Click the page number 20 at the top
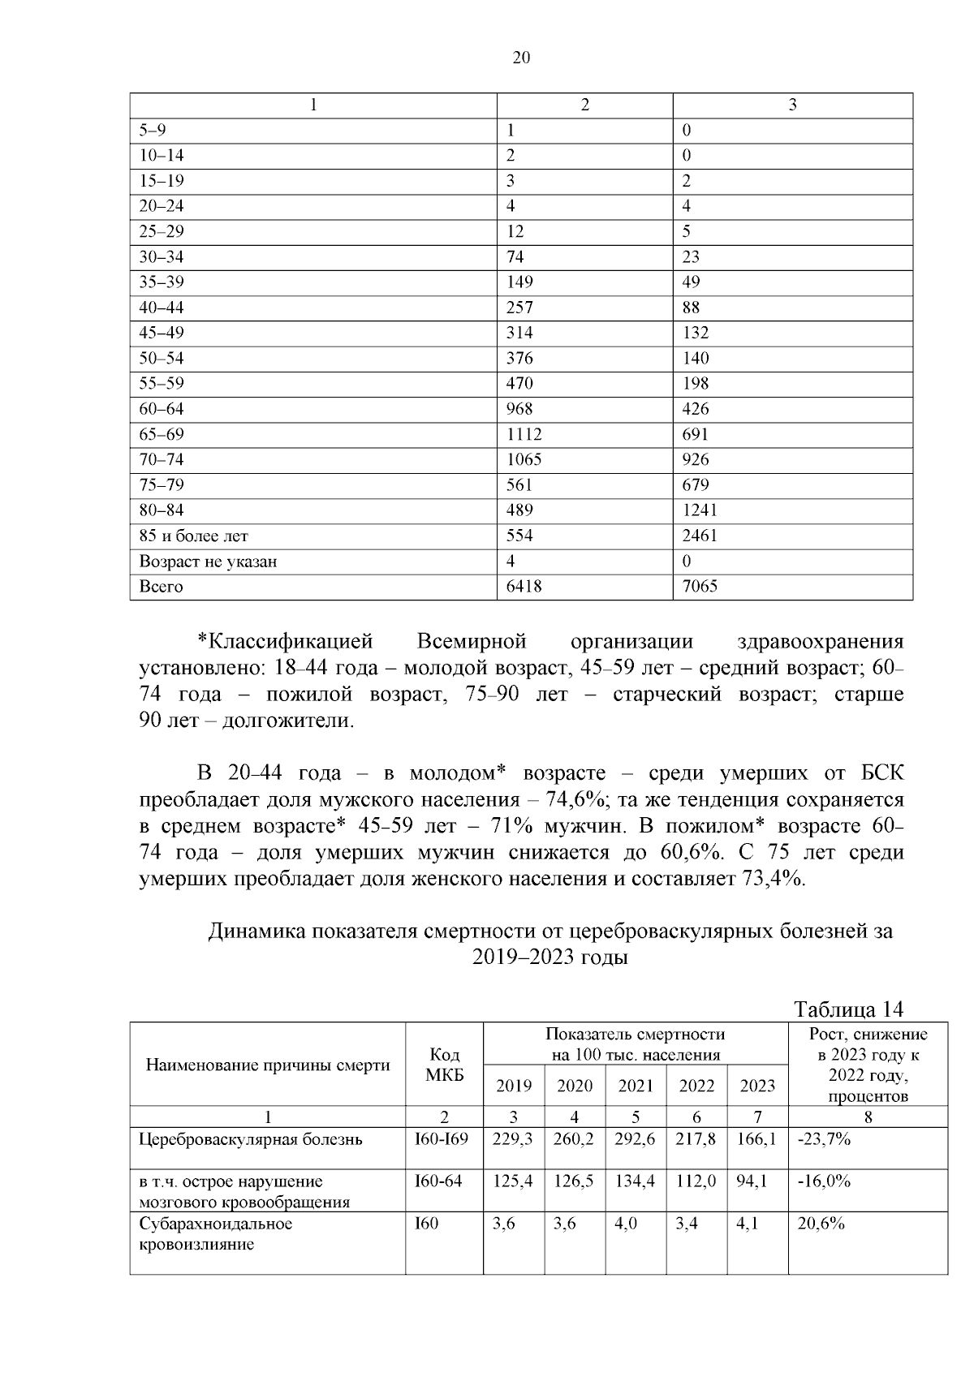[x=522, y=58]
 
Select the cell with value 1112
[x=524, y=434]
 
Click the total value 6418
[x=524, y=587]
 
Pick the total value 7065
[x=700, y=587]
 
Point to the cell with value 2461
[x=700, y=536]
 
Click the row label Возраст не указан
[x=208, y=562]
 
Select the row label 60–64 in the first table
[x=162, y=409]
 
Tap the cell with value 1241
[x=700, y=510]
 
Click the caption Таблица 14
[x=849, y=1009]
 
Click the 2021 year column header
[x=636, y=1086]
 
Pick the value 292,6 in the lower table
[x=636, y=1139]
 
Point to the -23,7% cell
[x=824, y=1139]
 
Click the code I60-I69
[x=442, y=1139]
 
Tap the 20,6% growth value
[x=821, y=1224]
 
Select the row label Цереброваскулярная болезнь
[x=251, y=1139]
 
